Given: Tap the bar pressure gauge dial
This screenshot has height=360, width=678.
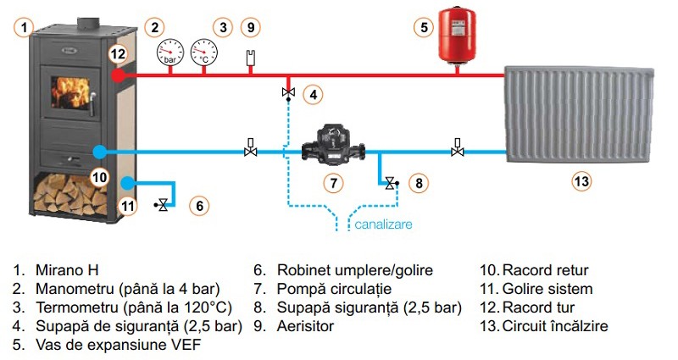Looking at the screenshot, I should click(x=170, y=52).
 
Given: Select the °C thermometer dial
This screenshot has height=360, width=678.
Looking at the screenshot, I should click(x=203, y=52).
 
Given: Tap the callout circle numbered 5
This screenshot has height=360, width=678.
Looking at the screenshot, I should click(x=422, y=27).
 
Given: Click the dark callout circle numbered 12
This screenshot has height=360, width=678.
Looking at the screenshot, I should click(x=117, y=53).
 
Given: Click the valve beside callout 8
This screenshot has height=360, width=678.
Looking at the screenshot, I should click(x=390, y=181).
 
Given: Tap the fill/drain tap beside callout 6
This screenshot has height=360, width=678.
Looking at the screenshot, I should click(x=163, y=205).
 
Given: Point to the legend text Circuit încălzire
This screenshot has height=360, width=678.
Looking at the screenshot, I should click(x=555, y=326).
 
